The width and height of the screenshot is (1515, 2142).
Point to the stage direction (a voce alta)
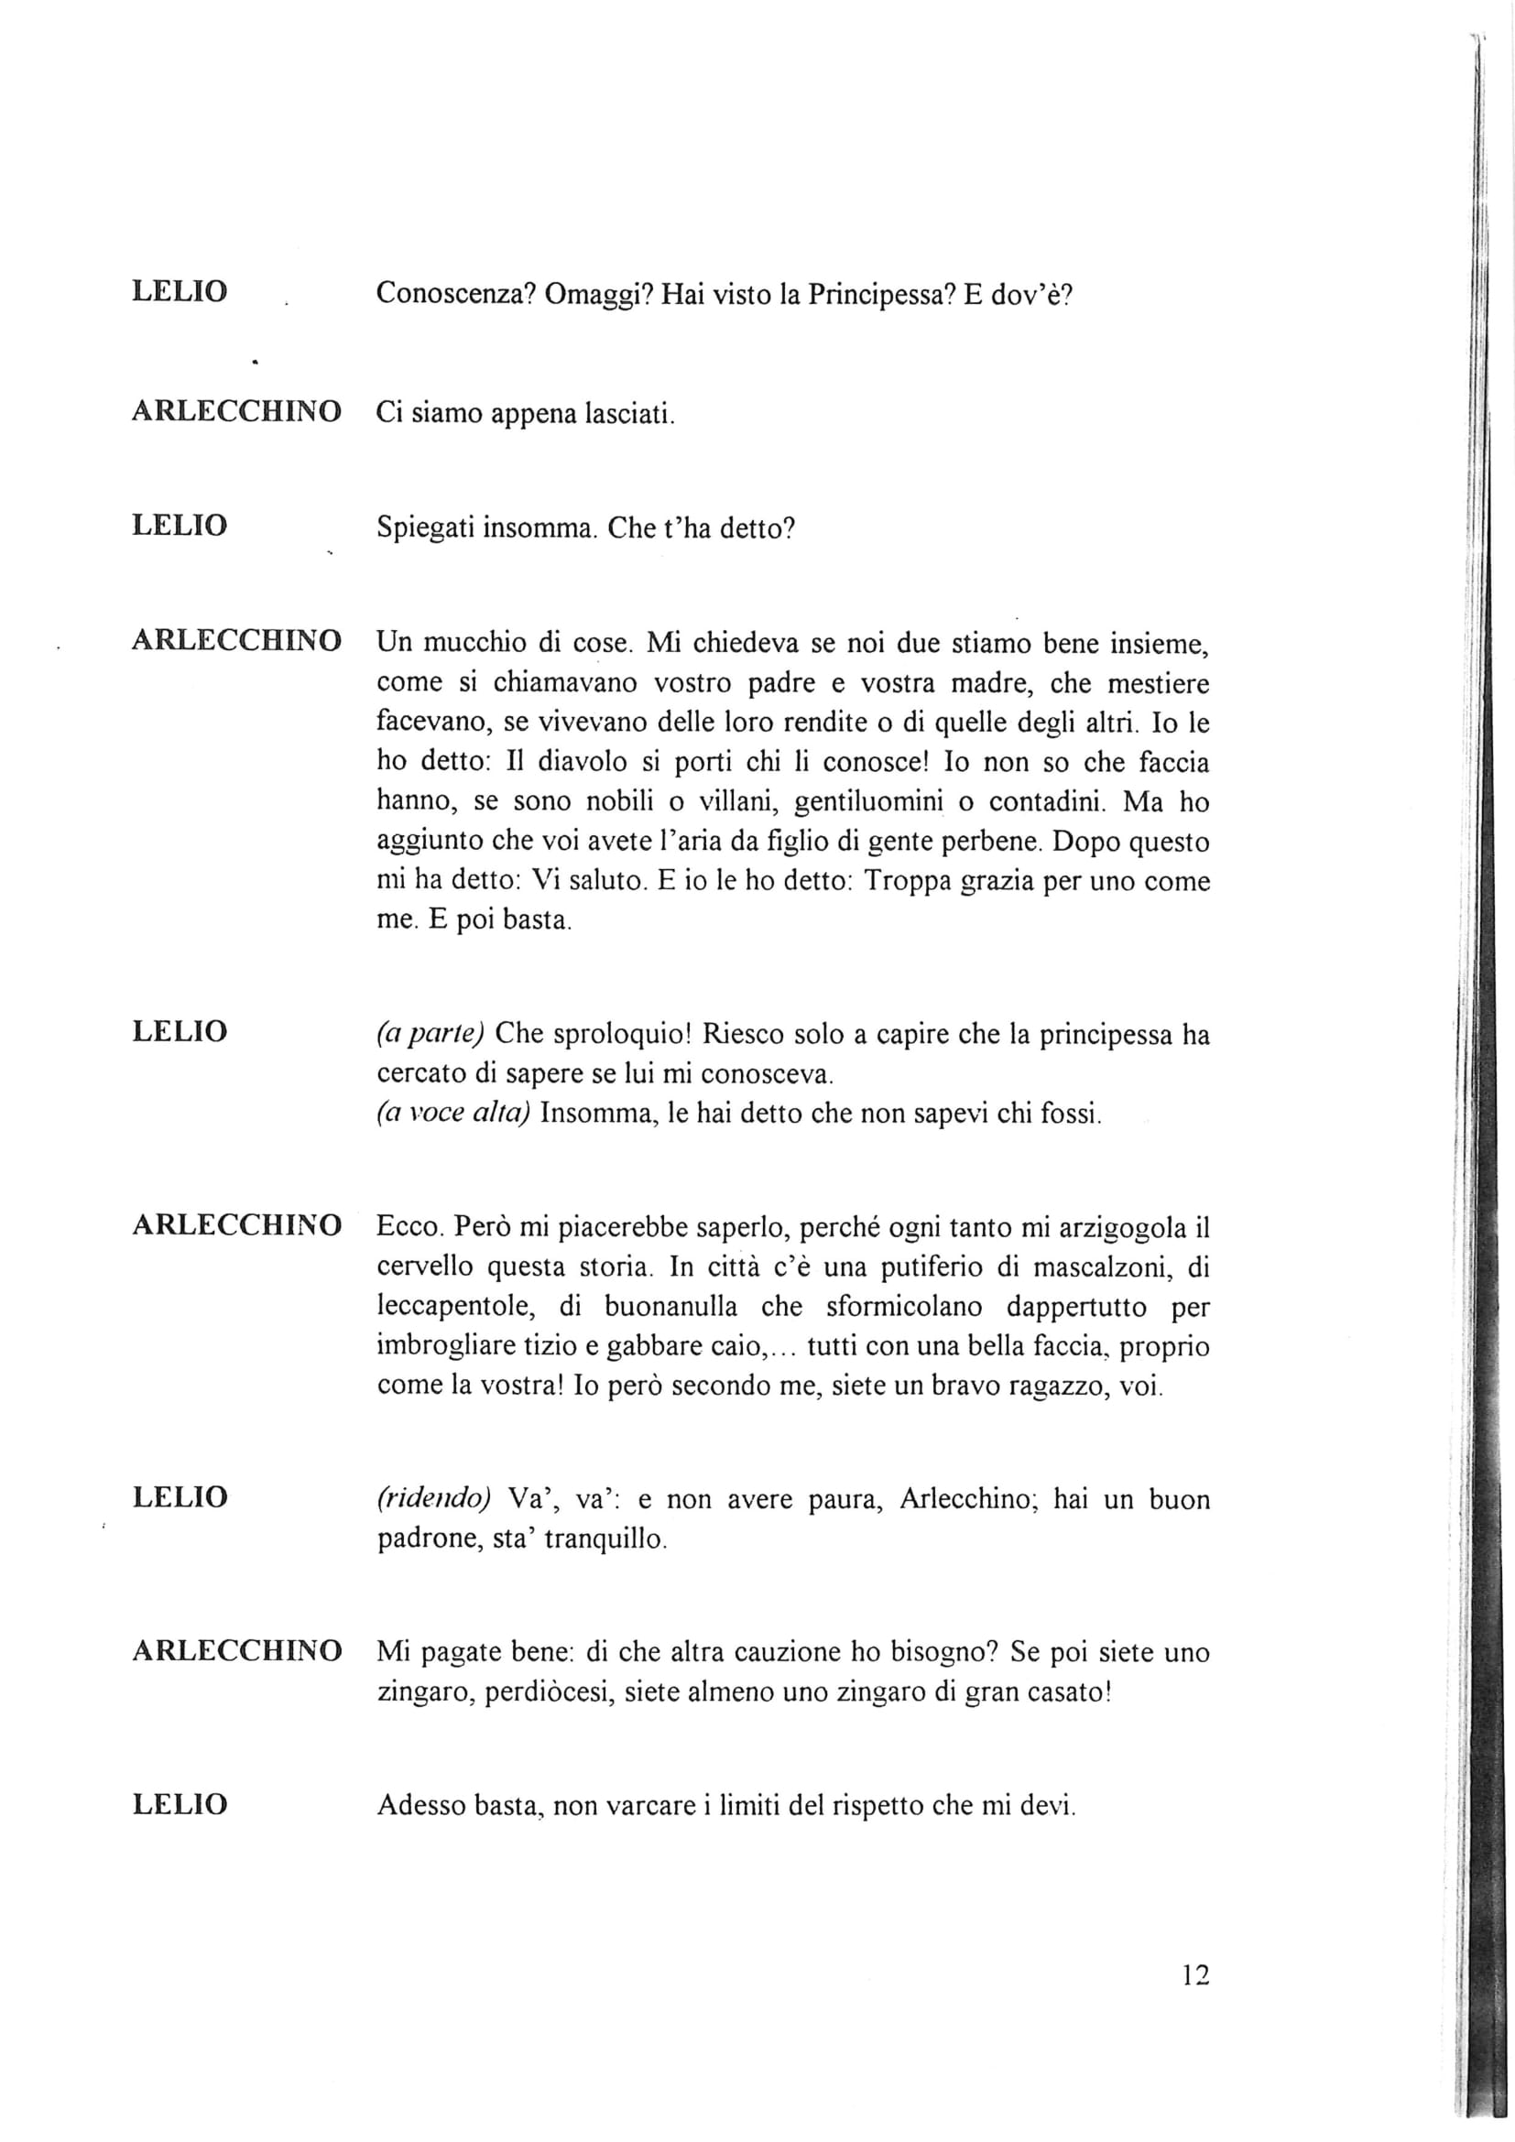pos(453,1113)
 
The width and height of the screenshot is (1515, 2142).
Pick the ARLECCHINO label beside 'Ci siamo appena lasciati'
pos(237,411)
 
